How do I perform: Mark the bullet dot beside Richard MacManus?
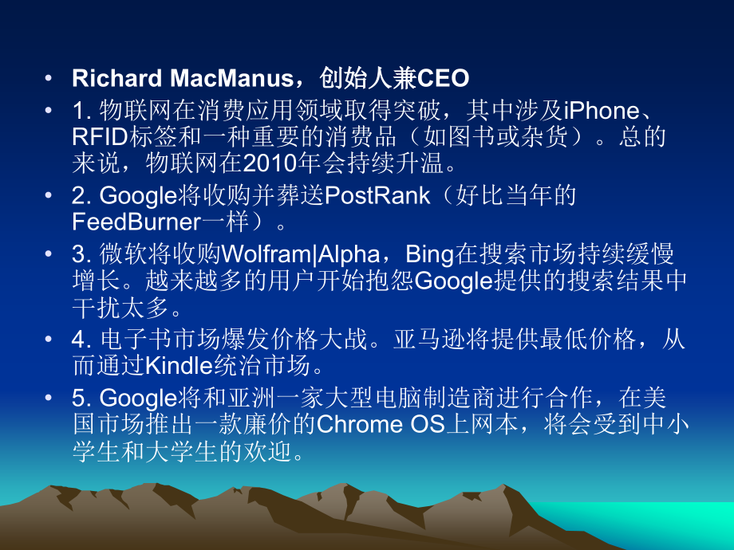(49, 79)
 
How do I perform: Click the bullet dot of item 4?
(49, 340)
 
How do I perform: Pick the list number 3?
(78, 255)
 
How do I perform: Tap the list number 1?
(78, 110)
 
